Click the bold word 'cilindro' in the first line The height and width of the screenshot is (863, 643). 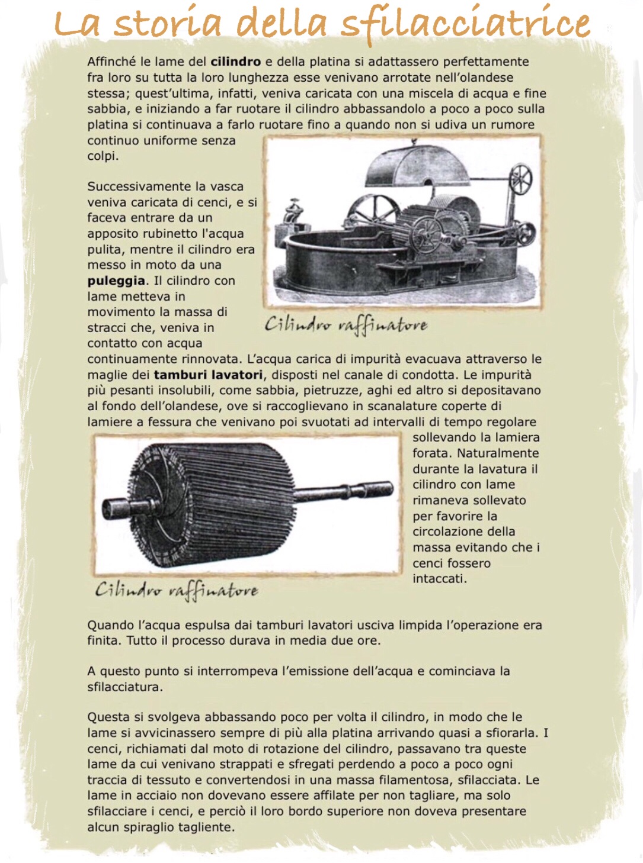[235, 62]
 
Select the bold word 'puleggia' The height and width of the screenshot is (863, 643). [116, 281]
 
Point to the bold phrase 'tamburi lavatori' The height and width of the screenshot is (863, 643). [208, 375]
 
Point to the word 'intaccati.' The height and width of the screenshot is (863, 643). [440, 579]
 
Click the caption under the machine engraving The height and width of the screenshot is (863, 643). [346, 325]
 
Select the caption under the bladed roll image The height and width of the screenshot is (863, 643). [177, 590]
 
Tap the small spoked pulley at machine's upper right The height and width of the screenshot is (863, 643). [521, 178]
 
